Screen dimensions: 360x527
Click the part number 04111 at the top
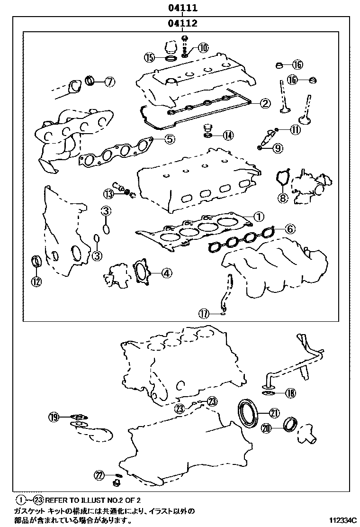(x=181, y=8)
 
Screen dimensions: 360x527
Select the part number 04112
(x=181, y=23)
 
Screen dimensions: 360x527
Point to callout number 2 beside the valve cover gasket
(x=265, y=103)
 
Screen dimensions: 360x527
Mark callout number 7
(x=109, y=82)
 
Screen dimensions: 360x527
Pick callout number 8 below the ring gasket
(x=282, y=198)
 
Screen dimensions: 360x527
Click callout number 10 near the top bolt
(x=203, y=47)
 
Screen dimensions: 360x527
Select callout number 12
(x=36, y=281)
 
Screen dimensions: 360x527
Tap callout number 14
(x=228, y=136)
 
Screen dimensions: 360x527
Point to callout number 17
(x=204, y=313)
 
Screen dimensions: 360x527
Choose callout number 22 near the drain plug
(x=99, y=475)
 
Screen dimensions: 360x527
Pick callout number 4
(x=166, y=273)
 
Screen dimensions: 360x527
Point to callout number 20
(x=267, y=428)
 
